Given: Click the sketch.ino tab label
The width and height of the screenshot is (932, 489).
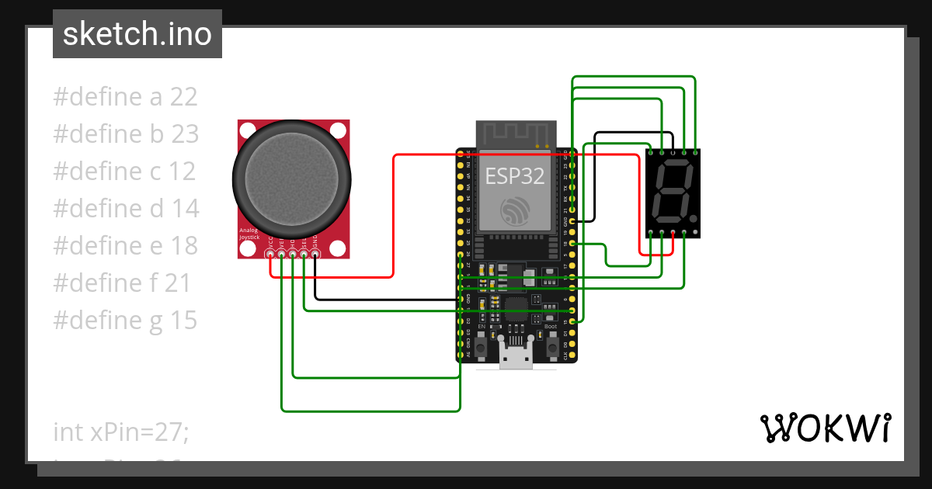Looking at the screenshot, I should (x=137, y=34).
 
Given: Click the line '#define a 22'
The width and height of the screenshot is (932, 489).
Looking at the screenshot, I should (x=125, y=97).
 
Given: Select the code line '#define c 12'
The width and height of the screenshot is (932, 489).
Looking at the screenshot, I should (x=124, y=172).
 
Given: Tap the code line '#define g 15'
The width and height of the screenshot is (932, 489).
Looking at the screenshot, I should (x=125, y=321).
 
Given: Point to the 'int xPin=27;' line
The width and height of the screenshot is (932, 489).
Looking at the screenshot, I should (x=120, y=432).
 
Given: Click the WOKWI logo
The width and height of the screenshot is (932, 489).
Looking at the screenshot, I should (x=825, y=428).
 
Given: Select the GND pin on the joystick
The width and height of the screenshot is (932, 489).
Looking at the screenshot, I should (x=315, y=253).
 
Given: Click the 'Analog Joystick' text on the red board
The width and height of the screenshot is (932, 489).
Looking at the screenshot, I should (x=249, y=234).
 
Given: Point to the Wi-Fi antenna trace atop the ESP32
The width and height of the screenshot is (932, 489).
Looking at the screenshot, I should (x=516, y=134).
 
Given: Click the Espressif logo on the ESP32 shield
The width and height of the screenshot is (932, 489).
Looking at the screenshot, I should (x=516, y=213).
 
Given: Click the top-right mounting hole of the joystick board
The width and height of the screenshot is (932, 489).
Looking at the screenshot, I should (x=338, y=130).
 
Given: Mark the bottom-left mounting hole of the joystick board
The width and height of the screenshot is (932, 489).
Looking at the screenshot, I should (x=248, y=248).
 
